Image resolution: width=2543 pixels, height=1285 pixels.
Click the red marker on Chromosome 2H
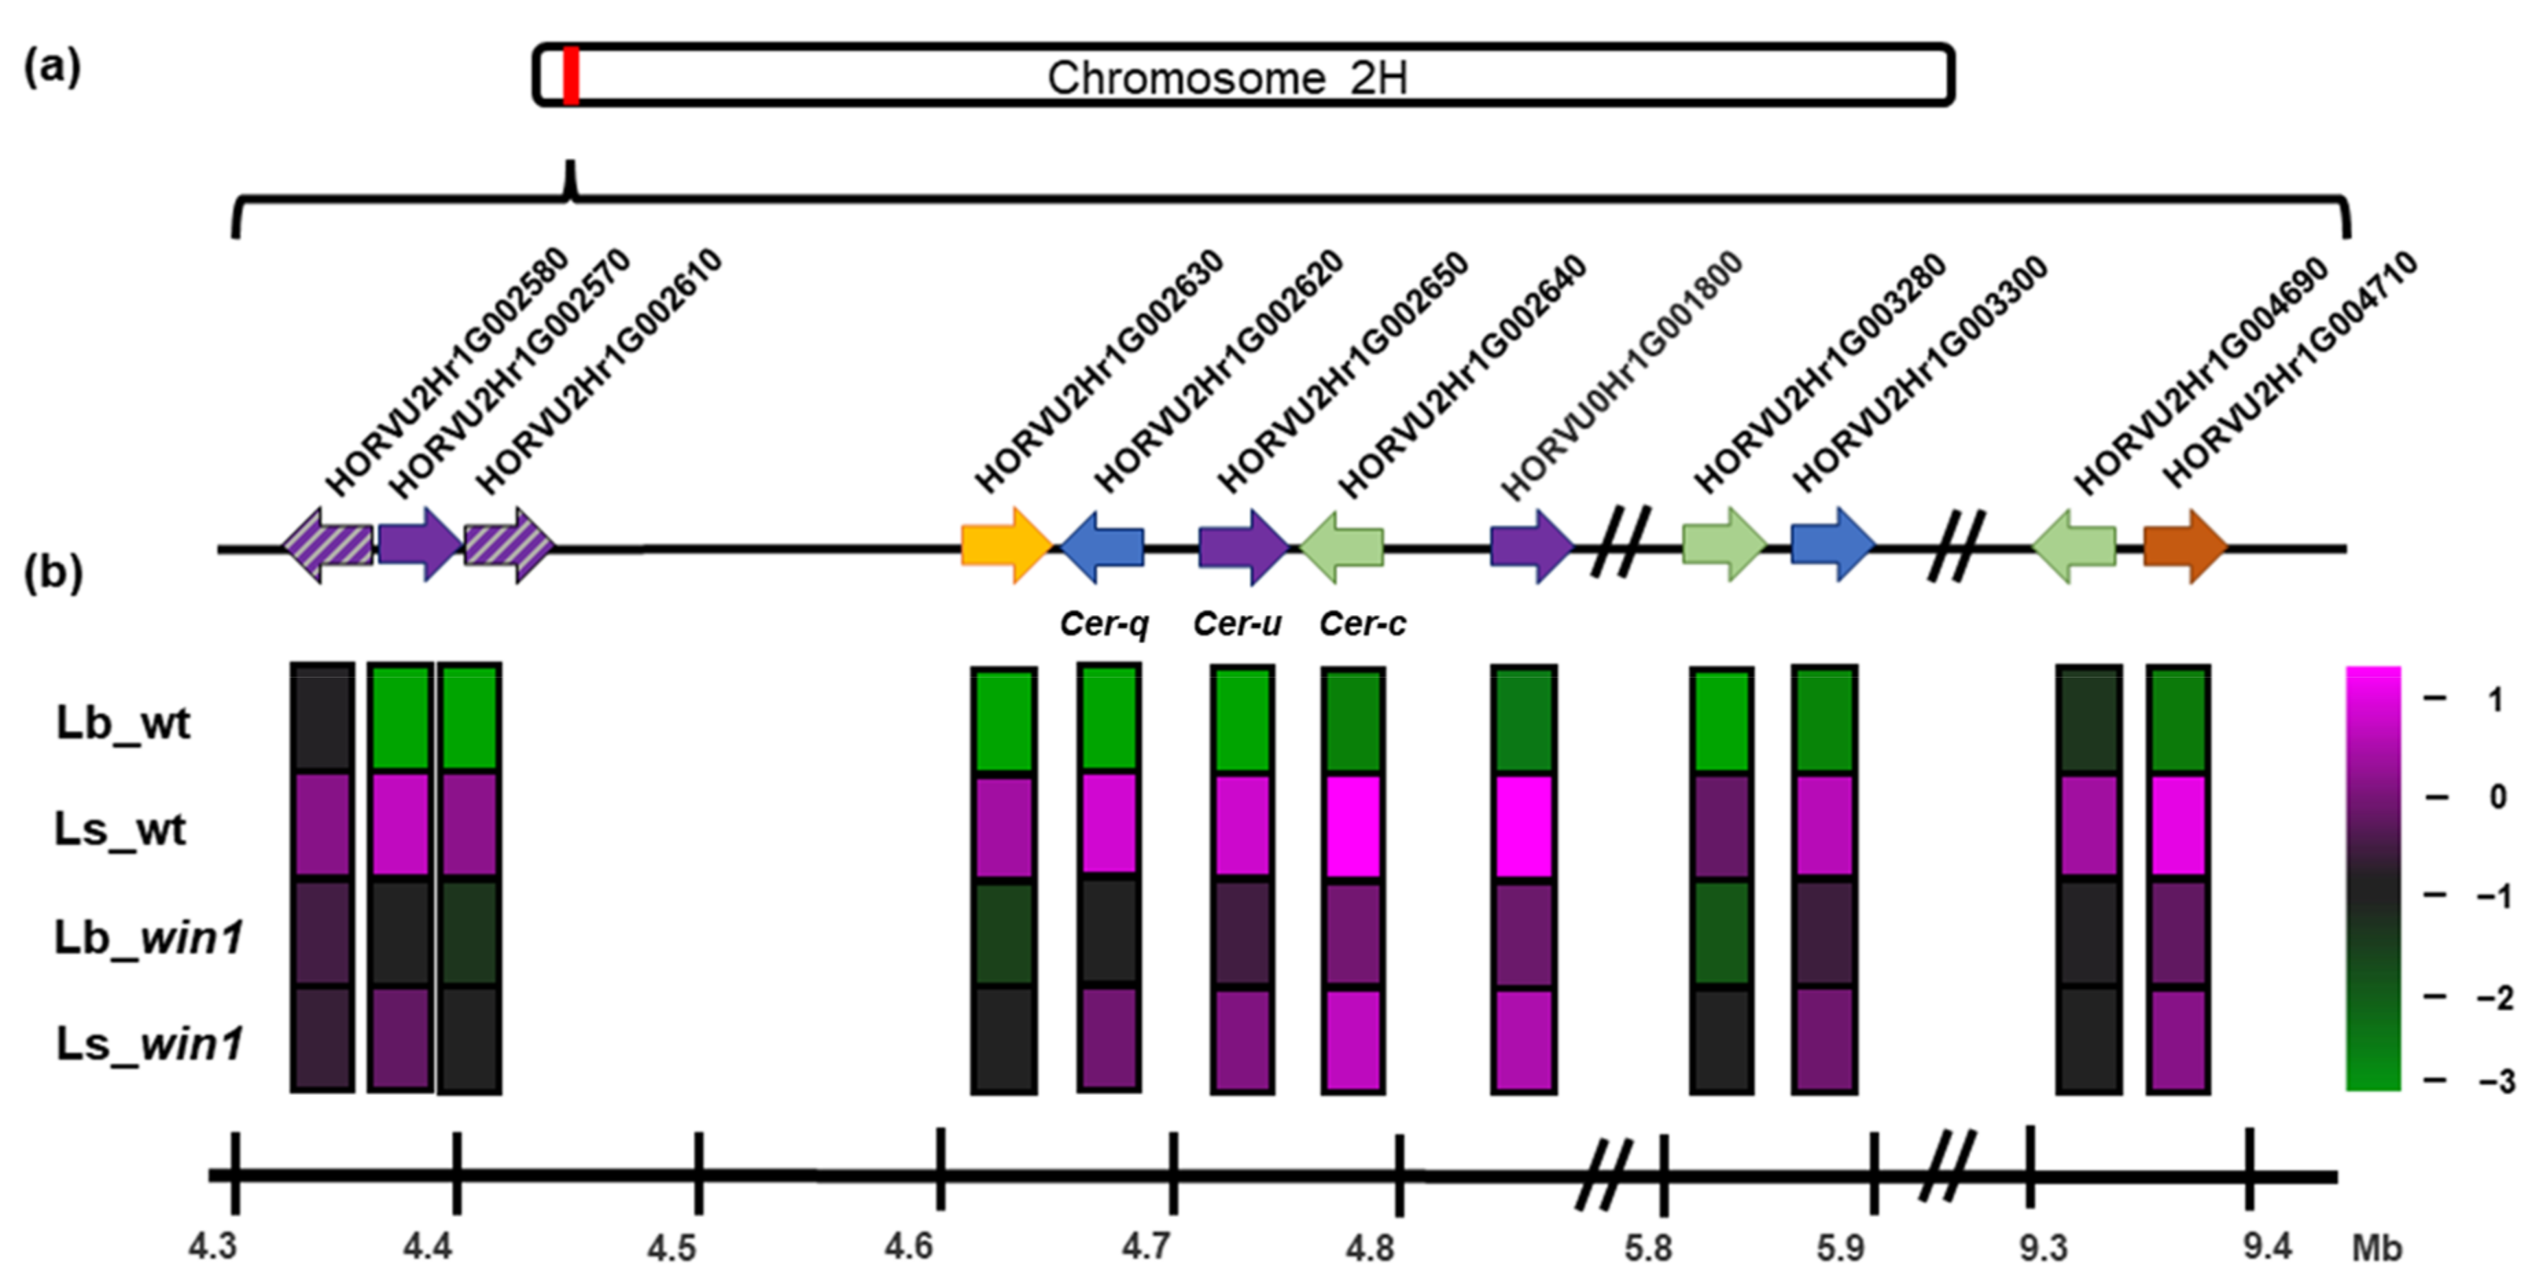coord(571,75)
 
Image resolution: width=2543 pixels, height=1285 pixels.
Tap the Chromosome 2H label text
coord(1227,78)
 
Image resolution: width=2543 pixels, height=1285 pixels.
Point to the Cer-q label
coord(1104,624)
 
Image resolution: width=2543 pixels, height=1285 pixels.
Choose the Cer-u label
coord(1237,624)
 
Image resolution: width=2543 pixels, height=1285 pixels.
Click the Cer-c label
coord(1362,624)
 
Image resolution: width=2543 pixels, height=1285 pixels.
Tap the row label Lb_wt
coord(122,723)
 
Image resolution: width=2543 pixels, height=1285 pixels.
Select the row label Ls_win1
coord(149,1043)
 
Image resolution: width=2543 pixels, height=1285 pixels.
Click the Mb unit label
coord(2376,1249)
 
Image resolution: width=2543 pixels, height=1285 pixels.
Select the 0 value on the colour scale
coord(2498,796)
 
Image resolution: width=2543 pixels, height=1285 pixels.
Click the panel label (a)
coord(52,67)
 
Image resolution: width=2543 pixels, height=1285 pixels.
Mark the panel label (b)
coord(52,572)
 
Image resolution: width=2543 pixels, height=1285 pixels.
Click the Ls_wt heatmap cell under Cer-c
coord(1353,826)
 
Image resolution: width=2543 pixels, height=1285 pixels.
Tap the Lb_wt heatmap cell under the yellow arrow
coord(1003,721)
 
